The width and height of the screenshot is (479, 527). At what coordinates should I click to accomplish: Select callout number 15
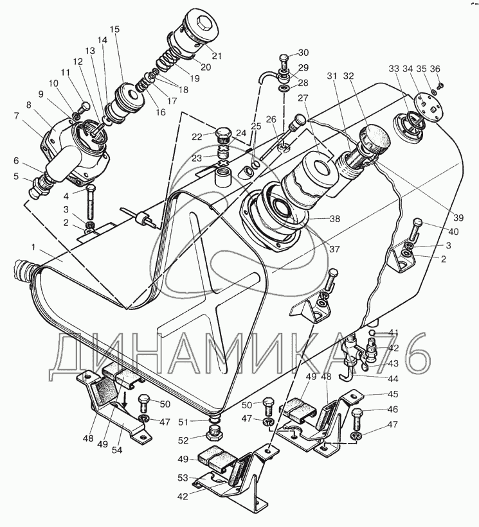pos(114,29)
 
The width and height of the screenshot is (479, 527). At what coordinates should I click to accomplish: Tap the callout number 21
pos(217,56)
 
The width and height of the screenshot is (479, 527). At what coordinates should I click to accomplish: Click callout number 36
pos(435,69)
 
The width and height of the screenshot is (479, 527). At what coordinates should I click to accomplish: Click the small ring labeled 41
pos(372,333)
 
